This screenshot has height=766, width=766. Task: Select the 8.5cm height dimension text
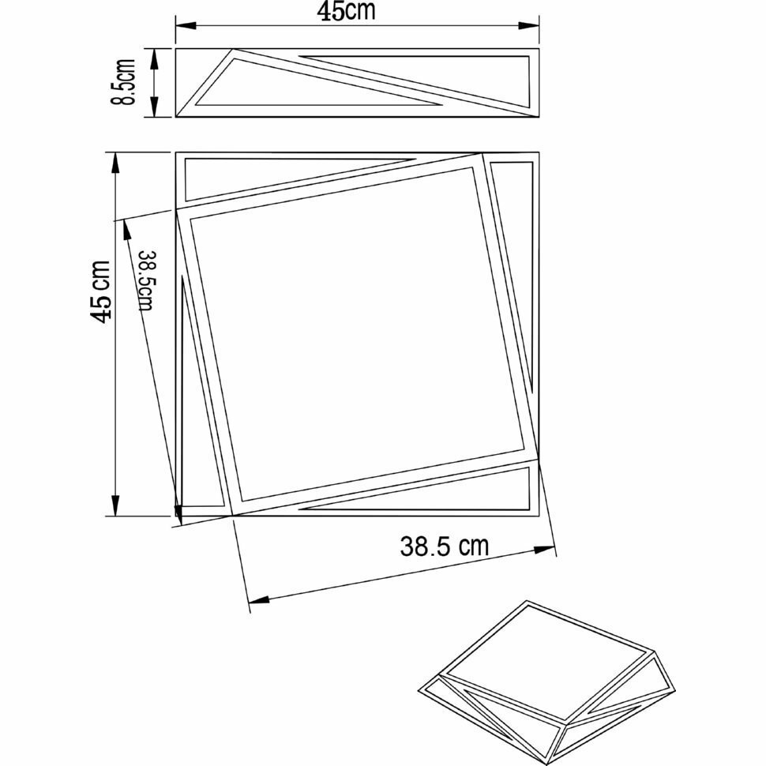pyautogui.click(x=125, y=83)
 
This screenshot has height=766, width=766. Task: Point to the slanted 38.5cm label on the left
pyautogui.click(x=145, y=280)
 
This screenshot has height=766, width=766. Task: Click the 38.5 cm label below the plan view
pyautogui.click(x=444, y=546)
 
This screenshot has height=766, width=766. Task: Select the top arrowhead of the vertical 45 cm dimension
pyautogui.click(x=116, y=160)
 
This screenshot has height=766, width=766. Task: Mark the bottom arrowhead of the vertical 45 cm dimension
pyautogui.click(x=116, y=507)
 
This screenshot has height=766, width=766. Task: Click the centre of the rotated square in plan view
pyautogui.click(x=358, y=334)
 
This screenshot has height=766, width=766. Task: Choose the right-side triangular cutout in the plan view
pyautogui.click(x=516, y=237)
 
